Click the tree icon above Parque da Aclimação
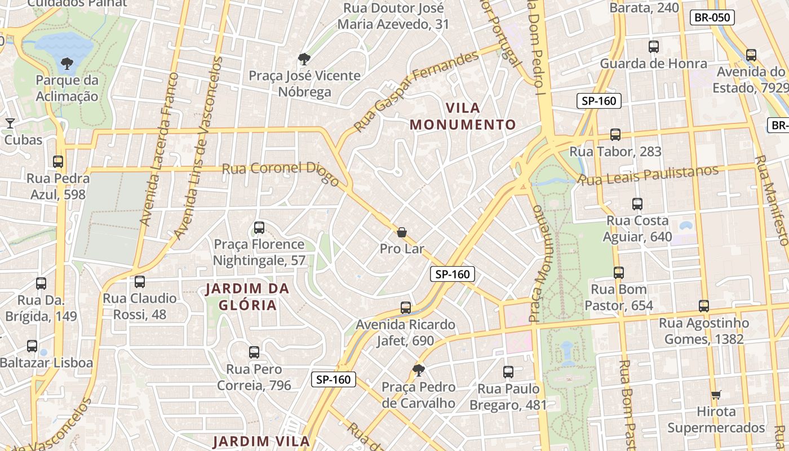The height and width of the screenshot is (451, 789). (67, 63)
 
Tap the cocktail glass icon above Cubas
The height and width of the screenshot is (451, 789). (10, 123)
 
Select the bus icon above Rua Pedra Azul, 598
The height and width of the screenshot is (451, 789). (58, 162)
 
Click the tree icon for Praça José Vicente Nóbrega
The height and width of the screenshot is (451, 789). (304, 59)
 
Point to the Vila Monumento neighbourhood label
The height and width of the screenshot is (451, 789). (463, 116)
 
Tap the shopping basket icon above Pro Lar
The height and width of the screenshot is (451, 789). (402, 232)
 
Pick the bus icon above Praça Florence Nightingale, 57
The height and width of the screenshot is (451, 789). (259, 228)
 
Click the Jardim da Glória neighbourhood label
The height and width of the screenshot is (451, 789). (247, 297)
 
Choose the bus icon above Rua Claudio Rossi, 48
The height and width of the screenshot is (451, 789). (140, 282)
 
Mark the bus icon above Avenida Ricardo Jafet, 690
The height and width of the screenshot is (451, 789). (406, 308)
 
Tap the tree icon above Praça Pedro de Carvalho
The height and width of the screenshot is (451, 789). (418, 370)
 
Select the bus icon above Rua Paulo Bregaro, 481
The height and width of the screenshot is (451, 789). (508, 372)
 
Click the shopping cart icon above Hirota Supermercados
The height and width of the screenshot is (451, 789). (716, 395)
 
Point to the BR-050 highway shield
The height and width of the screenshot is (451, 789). (712, 17)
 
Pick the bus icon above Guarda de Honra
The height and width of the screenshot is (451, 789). (654, 47)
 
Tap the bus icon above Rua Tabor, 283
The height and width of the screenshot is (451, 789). (615, 135)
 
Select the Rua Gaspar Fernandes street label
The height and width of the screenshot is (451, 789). (415, 91)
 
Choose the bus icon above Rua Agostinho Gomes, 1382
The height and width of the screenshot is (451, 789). (704, 306)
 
